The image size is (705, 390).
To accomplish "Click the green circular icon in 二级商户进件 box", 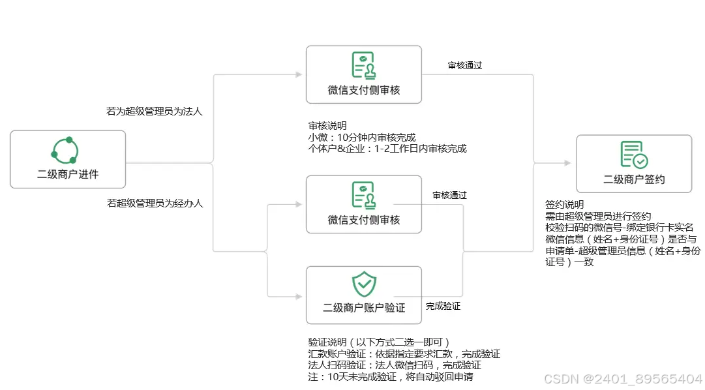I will click(x=65, y=151).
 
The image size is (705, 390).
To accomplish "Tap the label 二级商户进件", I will click(x=68, y=174).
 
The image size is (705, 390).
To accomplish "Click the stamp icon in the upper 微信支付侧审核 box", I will click(x=364, y=65).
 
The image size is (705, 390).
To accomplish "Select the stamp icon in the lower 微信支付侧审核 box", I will click(x=364, y=195).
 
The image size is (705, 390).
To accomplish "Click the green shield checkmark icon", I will click(x=364, y=284).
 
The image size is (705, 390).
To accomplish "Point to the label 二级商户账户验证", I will click(x=364, y=307).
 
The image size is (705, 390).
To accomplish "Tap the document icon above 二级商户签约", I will click(x=633, y=155).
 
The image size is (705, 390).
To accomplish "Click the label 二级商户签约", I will click(x=634, y=179).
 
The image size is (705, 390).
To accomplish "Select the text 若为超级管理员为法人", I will click(x=155, y=112).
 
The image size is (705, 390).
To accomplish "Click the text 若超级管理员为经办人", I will click(x=155, y=203).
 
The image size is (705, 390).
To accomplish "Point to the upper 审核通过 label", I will click(x=465, y=65).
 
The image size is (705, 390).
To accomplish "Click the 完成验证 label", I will click(x=443, y=305).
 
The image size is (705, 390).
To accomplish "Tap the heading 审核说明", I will click(x=327, y=125).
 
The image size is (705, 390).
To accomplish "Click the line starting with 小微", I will click(x=362, y=137).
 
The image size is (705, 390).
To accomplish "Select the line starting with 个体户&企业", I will click(x=387, y=148).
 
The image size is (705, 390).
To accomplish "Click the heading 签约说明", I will click(x=565, y=204).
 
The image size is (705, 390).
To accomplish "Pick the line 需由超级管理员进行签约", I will click(x=598, y=216).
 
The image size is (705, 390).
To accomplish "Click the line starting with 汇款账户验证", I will click(x=404, y=353).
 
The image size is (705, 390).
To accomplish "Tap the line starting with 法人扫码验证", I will click(x=395, y=365).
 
